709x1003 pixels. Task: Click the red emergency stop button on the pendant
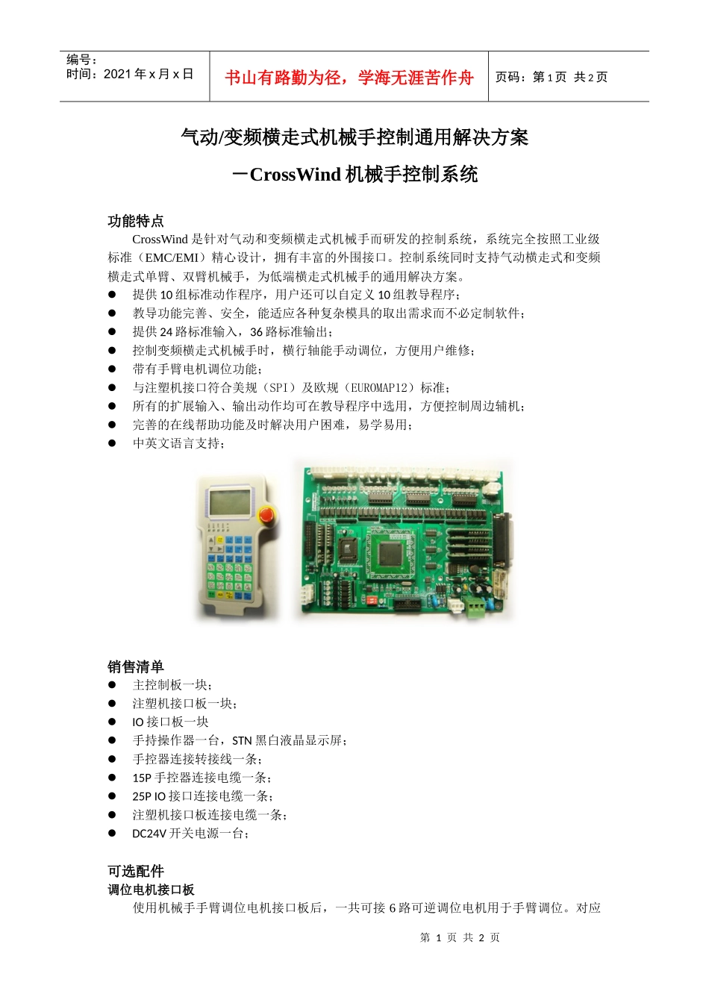(265, 515)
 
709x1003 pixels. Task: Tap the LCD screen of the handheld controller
(228, 501)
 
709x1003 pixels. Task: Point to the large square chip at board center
(390, 554)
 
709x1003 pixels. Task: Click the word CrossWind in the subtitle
(295, 175)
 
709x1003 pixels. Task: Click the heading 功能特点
(136, 221)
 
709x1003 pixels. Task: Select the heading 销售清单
(136, 666)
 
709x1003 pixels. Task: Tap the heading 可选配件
(136, 871)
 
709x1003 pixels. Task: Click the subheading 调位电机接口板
(152, 890)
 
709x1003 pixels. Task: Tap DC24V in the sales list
(149, 834)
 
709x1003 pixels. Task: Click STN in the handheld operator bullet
(242, 740)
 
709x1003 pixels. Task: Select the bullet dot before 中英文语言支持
(113, 443)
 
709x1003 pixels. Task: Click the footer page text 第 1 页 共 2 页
(460, 937)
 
